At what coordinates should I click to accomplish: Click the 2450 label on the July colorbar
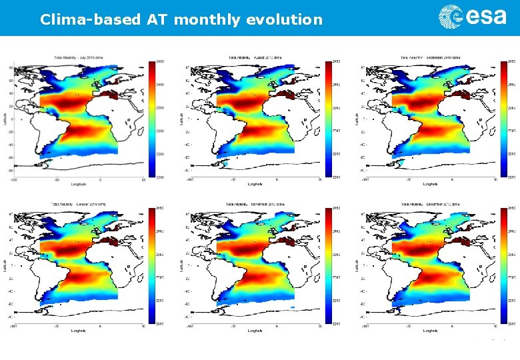(x=161, y=62)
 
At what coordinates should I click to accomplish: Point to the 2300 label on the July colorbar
(x=161, y=131)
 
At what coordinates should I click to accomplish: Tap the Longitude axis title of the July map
(x=79, y=185)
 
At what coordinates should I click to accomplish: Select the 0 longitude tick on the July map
(x=100, y=179)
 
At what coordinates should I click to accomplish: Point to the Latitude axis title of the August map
(x=182, y=117)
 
